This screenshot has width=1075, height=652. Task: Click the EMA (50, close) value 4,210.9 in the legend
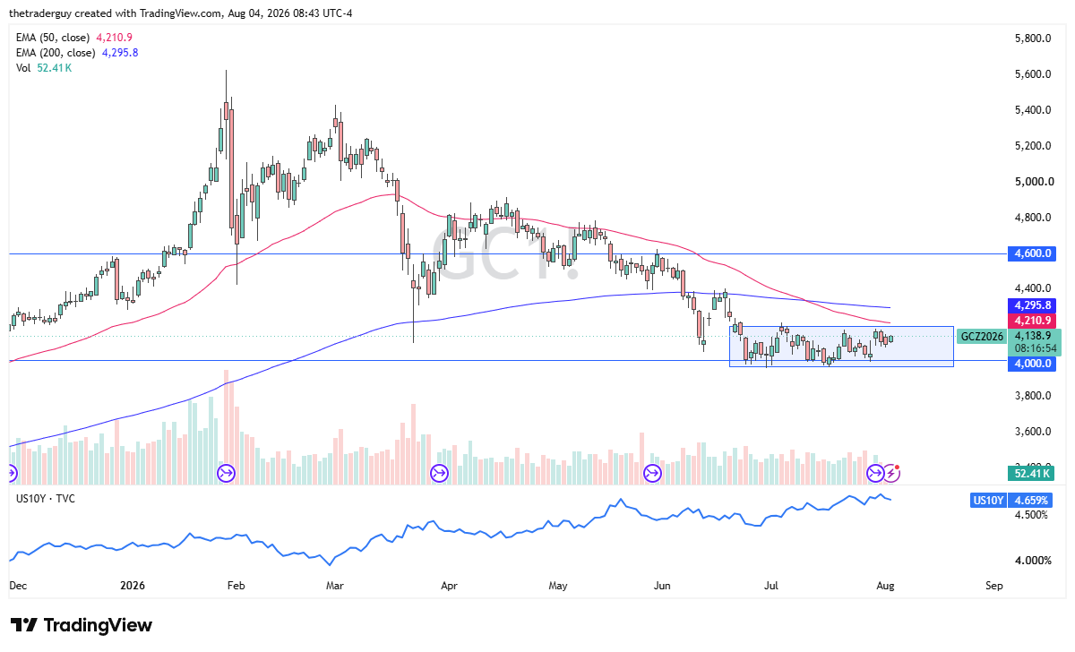[x=115, y=38]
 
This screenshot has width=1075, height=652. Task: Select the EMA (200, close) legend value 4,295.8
[x=120, y=53]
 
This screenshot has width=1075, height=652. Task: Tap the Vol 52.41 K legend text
[x=44, y=68]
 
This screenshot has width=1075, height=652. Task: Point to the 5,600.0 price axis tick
[x=1033, y=73]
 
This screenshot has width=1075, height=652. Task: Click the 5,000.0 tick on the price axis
[x=1034, y=181]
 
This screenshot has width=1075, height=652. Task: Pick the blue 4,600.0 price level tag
[x=1032, y=253]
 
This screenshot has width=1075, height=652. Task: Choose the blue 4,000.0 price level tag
[x=1032, y=364]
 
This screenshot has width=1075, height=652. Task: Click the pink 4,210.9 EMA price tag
[x=1032, y=320]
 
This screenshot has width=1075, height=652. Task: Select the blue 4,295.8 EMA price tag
[x=1032, y=305]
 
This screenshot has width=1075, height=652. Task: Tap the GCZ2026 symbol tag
[x=982, y=337]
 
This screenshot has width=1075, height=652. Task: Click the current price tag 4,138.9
[x=1033, y=336]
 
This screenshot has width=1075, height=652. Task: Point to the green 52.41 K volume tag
[x=1031, y=474]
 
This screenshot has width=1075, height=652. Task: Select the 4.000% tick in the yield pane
[x=1033, y=561]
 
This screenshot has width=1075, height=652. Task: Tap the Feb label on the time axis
[x=236, y=586]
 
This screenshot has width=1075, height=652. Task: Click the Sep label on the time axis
[x=993, y=586]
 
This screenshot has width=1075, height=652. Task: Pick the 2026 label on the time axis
[x=133, y=586]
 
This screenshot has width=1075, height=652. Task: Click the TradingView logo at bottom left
[x=82, y=625]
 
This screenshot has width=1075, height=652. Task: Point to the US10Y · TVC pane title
[x=46, y=499]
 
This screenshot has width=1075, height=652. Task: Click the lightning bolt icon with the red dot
[x=891, y=473]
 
